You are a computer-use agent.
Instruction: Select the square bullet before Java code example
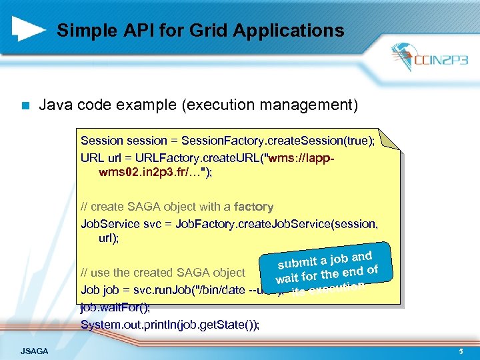[x=25, y=105]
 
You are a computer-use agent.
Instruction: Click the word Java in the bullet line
[x=54, y=105]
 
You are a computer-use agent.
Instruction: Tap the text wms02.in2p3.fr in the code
[x=140, y=173]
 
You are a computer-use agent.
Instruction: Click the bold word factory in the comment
[x=253, y=207]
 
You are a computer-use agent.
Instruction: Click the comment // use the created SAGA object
[x=163, y=272]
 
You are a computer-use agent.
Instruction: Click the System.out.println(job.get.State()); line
[x=170, y=325]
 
